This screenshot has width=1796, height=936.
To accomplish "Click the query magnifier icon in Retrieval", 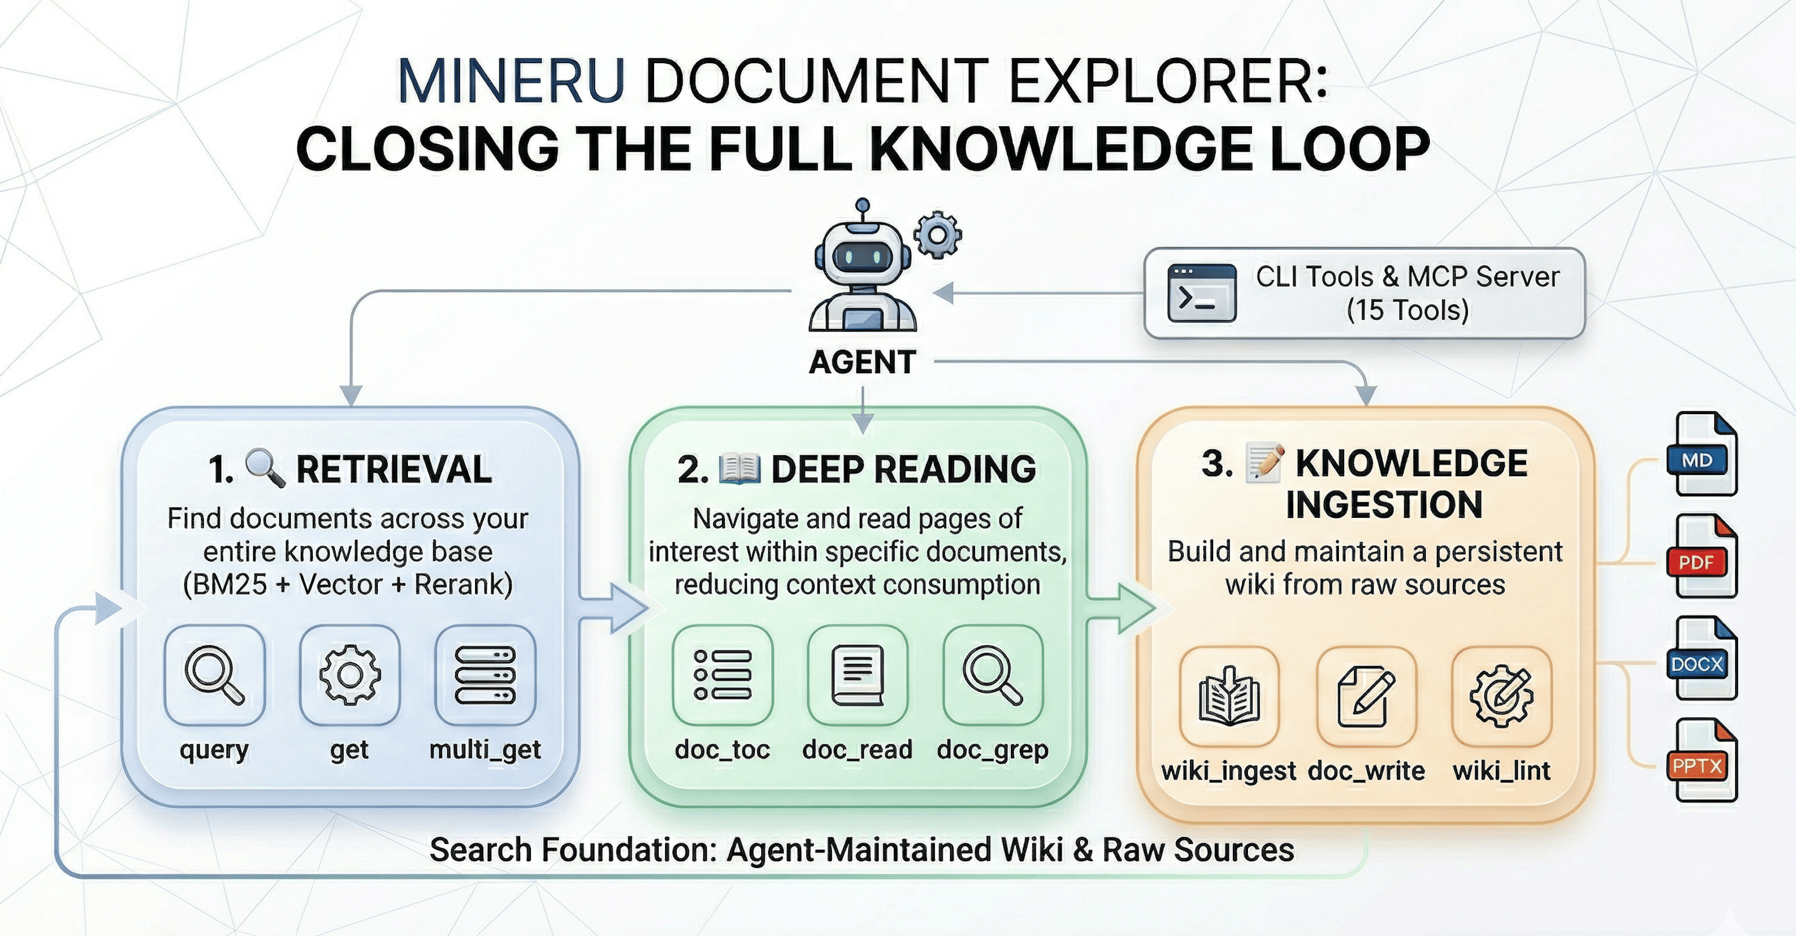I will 214,675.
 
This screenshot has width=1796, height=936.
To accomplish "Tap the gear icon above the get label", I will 349,675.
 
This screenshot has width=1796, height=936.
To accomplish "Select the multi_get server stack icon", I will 484,675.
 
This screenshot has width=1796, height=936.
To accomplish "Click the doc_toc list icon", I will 722,675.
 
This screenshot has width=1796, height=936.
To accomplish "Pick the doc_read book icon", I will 857,675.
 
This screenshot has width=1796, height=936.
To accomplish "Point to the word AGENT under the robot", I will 863,363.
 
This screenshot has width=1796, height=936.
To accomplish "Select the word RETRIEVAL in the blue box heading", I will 394,469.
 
